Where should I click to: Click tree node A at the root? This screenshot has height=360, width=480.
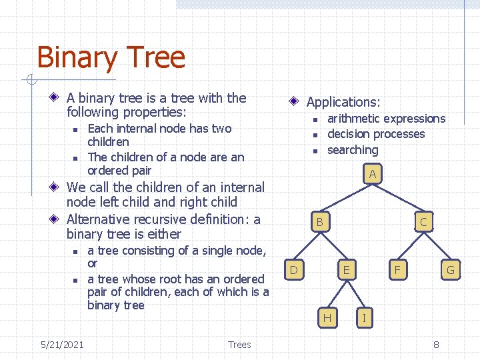[373, 175]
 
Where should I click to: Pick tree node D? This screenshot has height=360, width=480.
[293, 270]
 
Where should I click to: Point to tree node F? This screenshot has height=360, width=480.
[398, 270]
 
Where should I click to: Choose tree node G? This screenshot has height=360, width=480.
[450, 270]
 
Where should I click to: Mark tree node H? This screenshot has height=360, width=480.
[327, 318]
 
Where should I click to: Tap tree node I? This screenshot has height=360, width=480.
[363, 318]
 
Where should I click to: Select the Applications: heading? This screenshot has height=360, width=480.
[343, 102]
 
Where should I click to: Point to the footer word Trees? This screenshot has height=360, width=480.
[239, 345]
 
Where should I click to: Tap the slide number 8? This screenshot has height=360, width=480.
[436, 345]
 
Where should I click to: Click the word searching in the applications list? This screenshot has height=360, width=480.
[353, 151]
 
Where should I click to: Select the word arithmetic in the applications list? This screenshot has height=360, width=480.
[357, 119]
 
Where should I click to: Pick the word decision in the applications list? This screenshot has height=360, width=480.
[351, 135]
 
